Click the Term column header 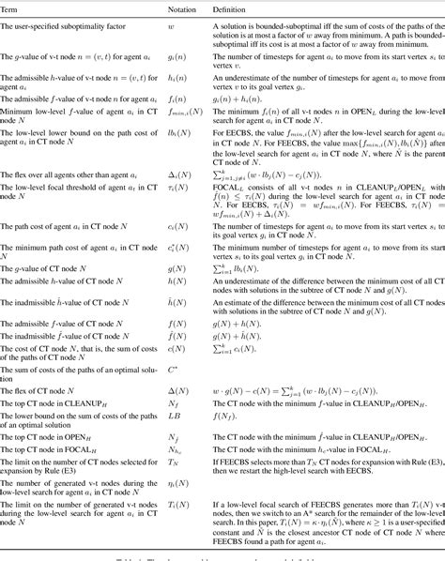11,8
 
